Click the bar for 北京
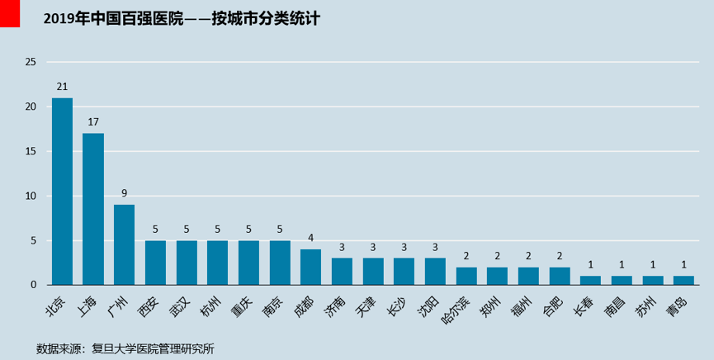coord(62,192)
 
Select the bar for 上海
coord(93,209)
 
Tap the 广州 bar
coord(124,244)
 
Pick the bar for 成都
coord(310,267)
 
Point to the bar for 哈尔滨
coord(466,276)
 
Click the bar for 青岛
coord(683,280)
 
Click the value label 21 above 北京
coord(62,87)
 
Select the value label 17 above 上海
coord(93,122)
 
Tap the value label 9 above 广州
coord(124,193)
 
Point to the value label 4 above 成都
coord(310,238)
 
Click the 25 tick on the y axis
coord(31,62)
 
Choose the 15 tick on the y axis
coord(31,151)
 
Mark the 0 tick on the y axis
coord(34,285)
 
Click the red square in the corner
coord(10,13)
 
